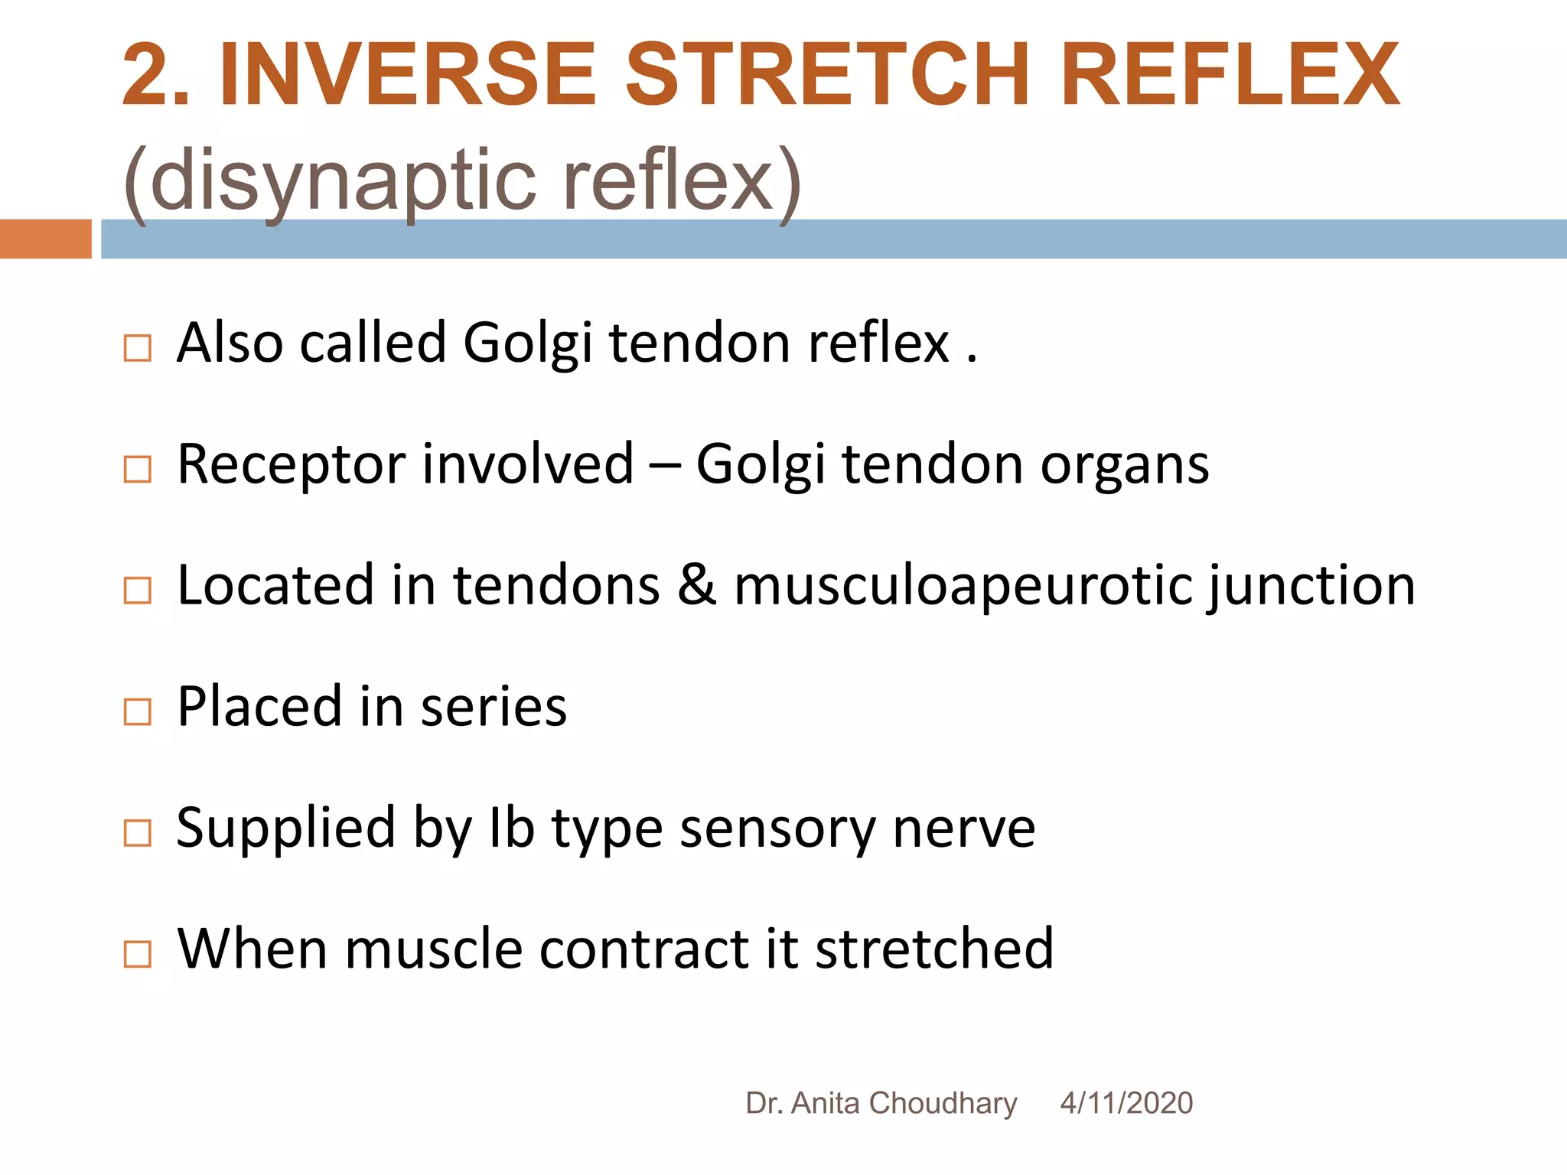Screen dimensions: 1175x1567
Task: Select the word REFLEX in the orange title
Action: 1230,75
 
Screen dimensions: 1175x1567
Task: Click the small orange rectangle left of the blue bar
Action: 45,239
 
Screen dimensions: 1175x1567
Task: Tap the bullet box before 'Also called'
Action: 138,348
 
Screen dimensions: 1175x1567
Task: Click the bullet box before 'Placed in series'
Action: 138,712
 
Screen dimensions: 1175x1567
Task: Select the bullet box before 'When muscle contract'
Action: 138,954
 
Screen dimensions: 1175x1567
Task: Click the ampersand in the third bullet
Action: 696,585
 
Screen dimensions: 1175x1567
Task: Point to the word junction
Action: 1312,586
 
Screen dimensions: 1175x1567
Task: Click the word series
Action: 494,707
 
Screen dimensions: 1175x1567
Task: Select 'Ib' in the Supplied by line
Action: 511,828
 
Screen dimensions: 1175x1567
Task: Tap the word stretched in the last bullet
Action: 935,949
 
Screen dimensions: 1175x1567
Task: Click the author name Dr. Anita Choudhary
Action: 881,1103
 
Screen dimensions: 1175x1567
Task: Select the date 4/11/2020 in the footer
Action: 1126,1103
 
